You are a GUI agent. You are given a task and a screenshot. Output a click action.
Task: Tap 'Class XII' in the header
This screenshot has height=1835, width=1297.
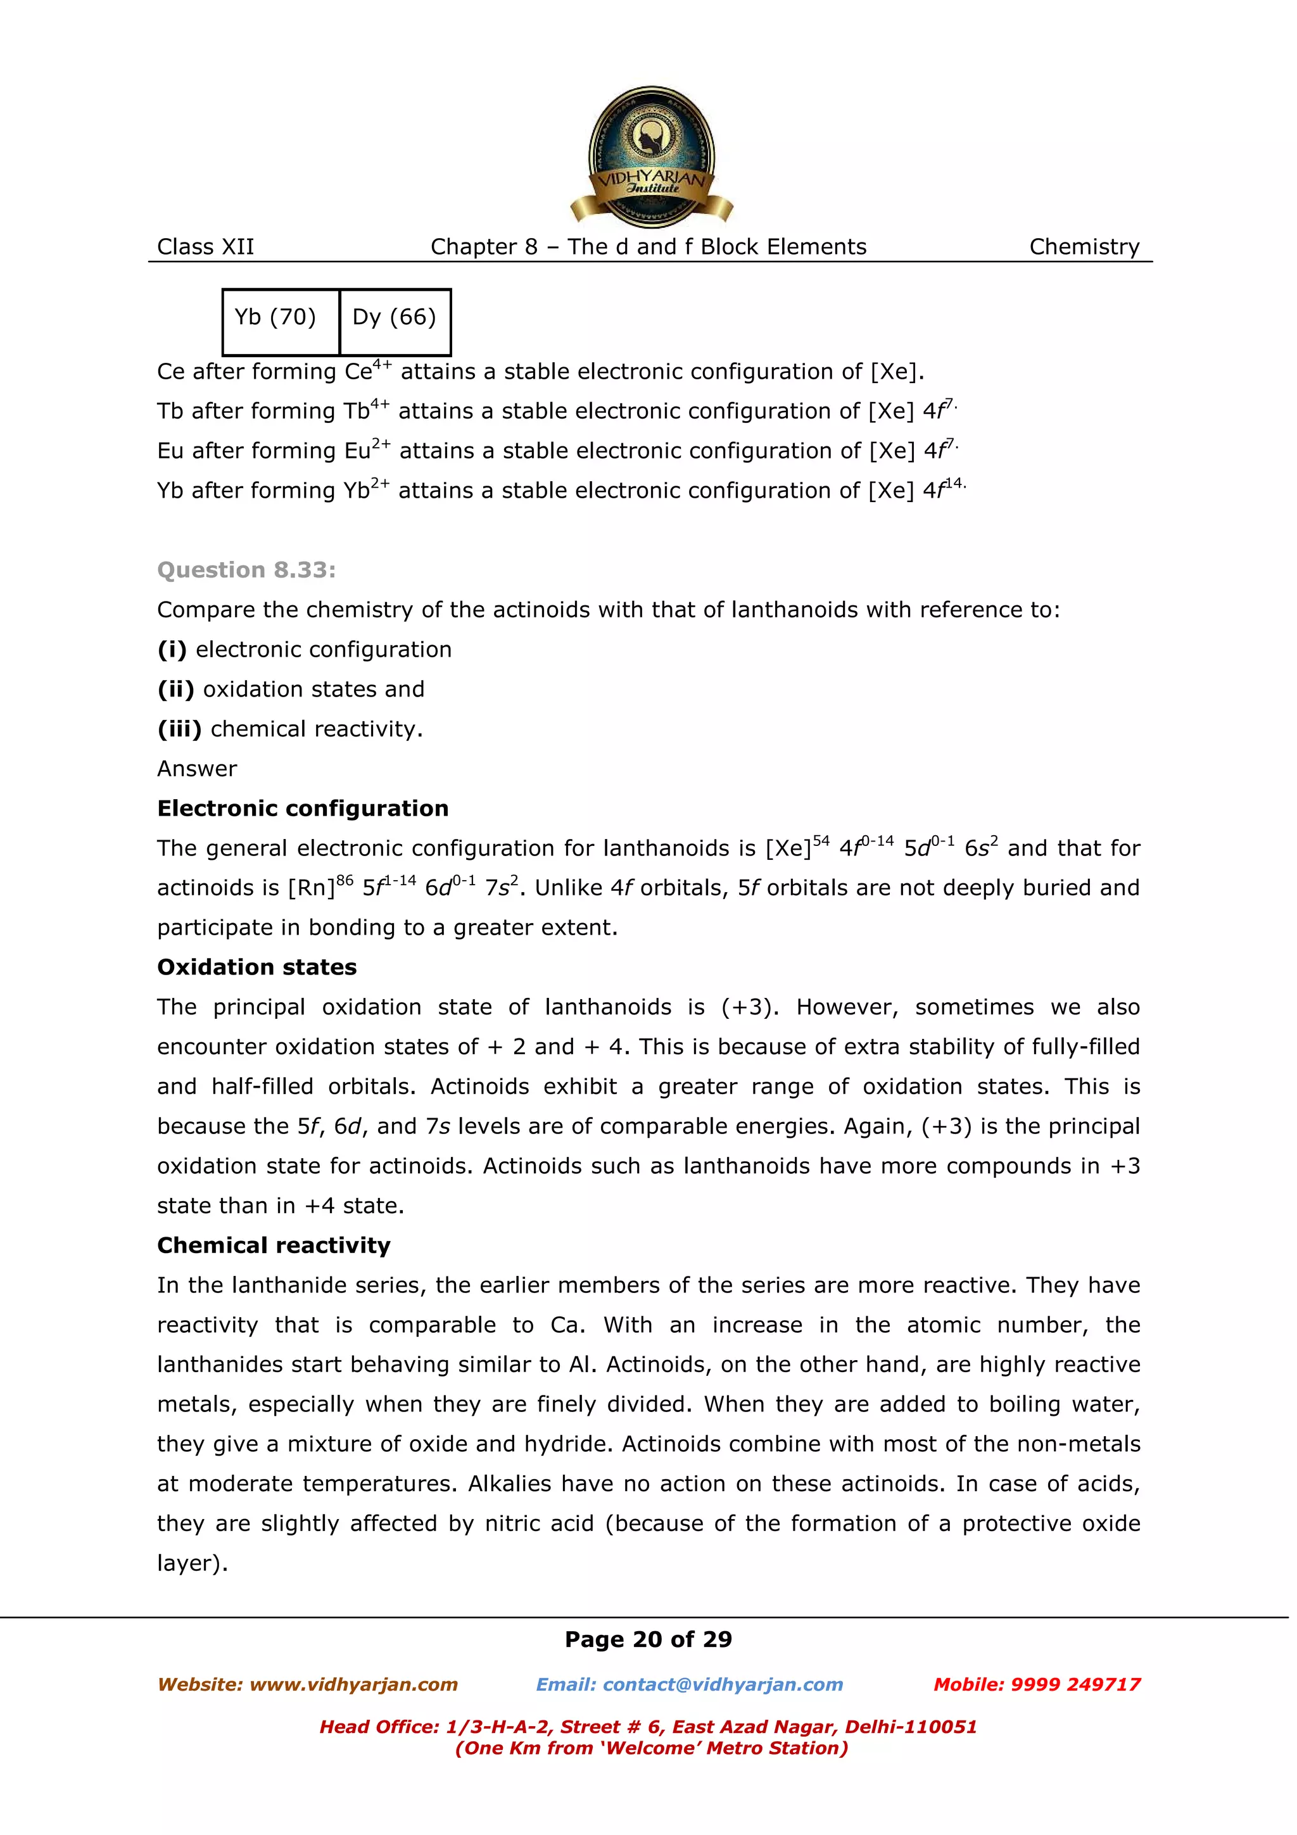tap(205, 247)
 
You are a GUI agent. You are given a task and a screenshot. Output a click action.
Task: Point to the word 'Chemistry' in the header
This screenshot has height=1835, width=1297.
tap(1084, 247)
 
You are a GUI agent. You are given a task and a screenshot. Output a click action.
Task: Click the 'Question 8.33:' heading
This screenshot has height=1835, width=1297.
tap(246, 570)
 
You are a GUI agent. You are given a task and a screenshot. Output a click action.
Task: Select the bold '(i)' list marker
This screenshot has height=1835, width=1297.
tap(172, 650)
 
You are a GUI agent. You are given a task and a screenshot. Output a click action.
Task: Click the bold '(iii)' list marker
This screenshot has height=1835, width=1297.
tap(179, 729)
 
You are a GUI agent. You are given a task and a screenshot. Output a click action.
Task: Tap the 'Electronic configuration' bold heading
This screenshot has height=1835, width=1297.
tap(302, 808)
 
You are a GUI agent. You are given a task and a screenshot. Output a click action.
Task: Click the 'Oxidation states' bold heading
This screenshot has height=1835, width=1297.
tap(256, 967)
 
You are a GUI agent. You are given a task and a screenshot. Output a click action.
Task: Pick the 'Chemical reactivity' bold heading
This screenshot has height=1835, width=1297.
tap(274, 1245)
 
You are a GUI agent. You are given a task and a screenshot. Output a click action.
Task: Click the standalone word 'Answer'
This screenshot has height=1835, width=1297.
tap(196, 769)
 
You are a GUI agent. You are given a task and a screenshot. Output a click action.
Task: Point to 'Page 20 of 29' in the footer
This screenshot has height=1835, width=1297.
tap(648, 1640)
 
